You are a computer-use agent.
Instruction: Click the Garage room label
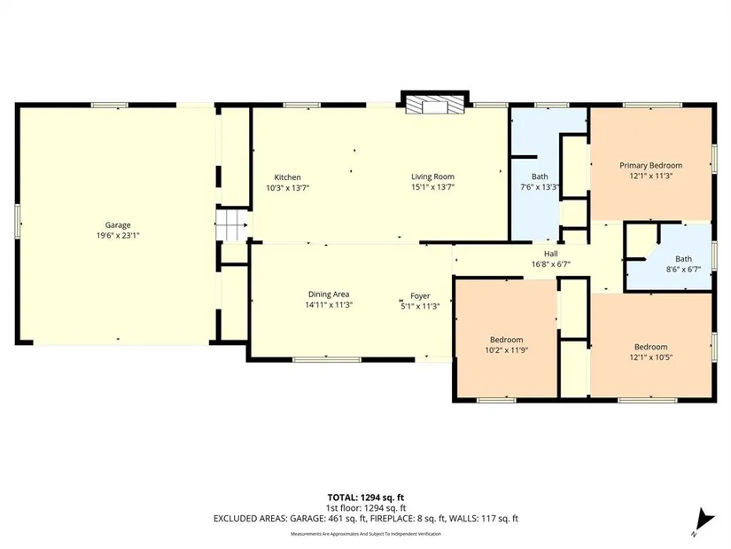118,225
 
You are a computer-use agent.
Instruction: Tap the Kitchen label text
287,177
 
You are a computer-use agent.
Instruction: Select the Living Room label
432,176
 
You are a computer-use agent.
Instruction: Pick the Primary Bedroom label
651,165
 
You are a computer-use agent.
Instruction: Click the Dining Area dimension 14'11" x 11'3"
329,305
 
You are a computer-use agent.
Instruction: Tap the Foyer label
420,296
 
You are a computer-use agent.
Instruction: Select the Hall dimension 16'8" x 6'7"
551,264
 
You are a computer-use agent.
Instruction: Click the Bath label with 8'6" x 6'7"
683,259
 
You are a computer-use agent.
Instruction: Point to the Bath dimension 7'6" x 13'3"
540,187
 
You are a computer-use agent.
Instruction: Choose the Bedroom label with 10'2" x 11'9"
506,340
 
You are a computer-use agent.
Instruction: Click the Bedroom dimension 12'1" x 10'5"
651,357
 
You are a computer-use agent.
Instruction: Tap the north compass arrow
704,521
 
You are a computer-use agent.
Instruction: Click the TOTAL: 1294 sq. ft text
365,498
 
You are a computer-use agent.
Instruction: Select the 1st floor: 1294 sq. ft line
365,508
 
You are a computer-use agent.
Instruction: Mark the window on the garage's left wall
18,222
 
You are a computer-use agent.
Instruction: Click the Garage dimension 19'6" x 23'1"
118,236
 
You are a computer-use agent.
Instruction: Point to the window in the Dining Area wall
327,359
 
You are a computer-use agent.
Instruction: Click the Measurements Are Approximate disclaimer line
365,534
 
